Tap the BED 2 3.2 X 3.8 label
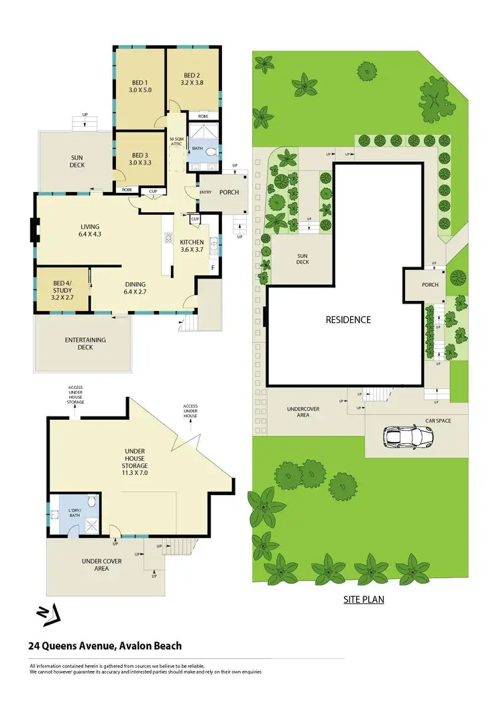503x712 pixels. click(192, 79)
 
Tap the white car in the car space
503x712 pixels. click(408, 438)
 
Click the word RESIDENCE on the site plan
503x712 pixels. click(348, 320)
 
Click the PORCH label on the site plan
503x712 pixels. click(430, 285)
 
